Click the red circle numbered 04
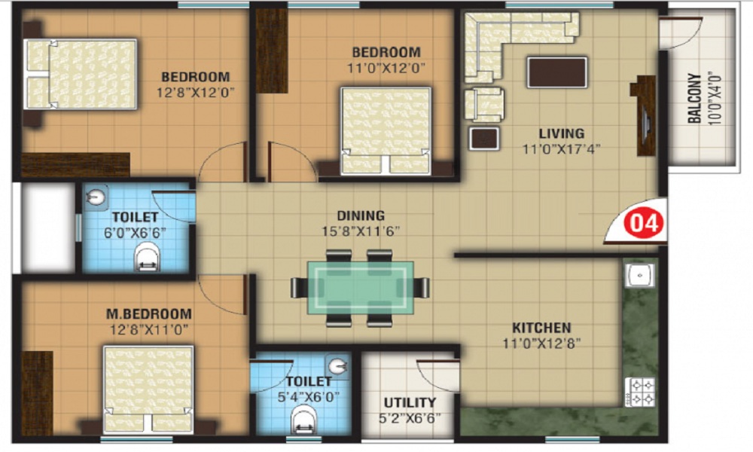[643, 223]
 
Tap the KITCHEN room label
[541, 328]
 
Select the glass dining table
[360, 288]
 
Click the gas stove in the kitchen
[641, 392]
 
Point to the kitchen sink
[639, 275]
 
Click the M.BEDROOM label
[148, 314]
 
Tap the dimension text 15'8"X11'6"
[360, 231]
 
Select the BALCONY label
[694, 98]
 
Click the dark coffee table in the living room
[557, 72]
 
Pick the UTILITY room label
[410, 402]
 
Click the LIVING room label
[562, 133]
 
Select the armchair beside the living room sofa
[484, 104]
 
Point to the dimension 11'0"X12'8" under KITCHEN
[541, 344]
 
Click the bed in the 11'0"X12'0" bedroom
[386, 130]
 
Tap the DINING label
[360, 215]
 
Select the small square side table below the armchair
[484, 139]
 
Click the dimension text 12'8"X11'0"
[149, 330]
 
